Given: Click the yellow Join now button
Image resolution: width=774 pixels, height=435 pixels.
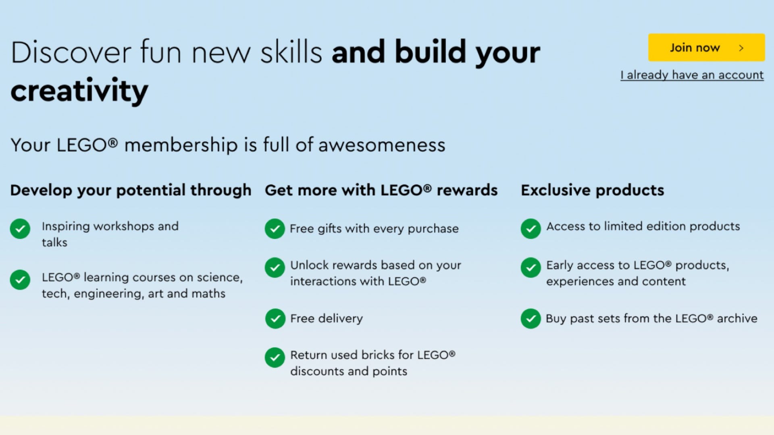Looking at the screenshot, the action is [706, 48].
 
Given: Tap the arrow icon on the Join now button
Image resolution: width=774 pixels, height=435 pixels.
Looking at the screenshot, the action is [741, 48].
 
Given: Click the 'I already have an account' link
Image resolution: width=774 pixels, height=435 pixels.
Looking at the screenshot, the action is [692, 75].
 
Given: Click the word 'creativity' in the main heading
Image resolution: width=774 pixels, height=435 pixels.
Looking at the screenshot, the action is [79, 91].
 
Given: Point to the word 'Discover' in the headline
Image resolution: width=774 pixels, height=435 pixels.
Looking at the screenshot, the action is [71, 52].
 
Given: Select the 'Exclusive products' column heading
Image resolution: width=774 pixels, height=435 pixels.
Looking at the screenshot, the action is [592, 190].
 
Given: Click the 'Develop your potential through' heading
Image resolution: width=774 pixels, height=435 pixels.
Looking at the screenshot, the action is [131, 191].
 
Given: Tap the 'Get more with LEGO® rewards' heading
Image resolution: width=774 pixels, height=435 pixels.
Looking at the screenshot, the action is [381, 190].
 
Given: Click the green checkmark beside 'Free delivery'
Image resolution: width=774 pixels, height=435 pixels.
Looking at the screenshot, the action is [275, 319].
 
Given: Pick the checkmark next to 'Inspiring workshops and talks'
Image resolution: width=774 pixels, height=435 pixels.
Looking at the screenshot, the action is [20, 229].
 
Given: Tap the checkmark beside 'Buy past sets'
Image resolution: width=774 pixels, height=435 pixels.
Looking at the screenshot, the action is [531, 319].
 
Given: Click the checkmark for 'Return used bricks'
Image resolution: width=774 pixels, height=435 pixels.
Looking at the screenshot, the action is [275, 357].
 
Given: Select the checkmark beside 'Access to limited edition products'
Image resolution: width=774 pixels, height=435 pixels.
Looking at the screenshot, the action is [531, 229].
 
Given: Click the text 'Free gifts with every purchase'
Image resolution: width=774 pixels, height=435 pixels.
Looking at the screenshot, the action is [374, 229].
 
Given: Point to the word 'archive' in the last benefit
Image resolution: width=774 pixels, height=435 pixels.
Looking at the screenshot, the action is [737, 319].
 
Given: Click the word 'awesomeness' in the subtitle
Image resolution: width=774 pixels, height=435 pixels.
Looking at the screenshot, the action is [382, 145].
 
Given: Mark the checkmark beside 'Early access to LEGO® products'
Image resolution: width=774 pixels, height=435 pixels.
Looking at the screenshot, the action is [531, 267].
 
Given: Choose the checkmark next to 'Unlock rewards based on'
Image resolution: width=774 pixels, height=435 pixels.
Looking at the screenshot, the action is [275, 267].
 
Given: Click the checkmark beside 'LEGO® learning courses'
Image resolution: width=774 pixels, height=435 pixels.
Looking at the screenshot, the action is [20, 280].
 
